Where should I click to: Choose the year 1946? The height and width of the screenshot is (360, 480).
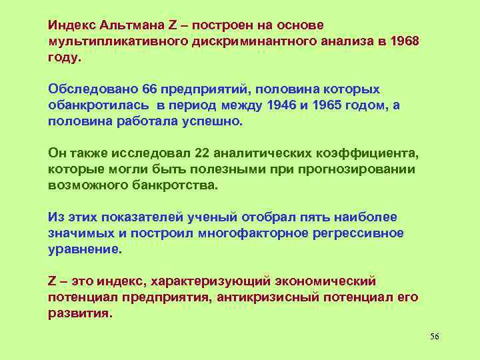pyautogui.click(x=281, y=105)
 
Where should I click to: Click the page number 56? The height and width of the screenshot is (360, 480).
pyautogui.click(x=435, y=335)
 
